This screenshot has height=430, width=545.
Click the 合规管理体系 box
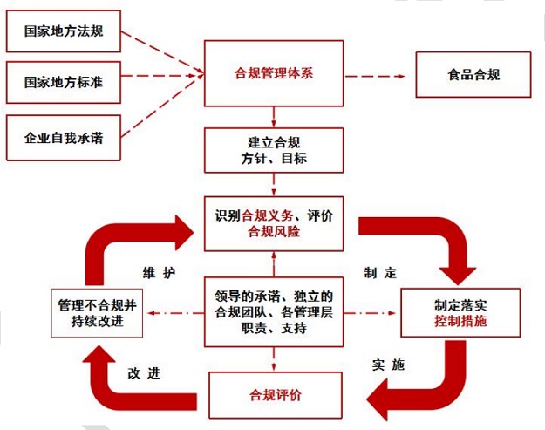tap(274, 73)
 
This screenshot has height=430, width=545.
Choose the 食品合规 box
tap(470, 74)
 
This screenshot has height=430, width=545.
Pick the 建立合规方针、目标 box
tap(274, 150)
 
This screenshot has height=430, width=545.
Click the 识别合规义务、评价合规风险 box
tap(274, 222)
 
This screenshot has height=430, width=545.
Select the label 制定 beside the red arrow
tap(380, 272)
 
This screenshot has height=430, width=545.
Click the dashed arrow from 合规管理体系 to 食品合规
tap(375, 74)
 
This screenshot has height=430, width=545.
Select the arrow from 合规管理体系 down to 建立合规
tap(274, 115)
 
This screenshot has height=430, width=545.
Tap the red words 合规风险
tap(274, 231)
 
